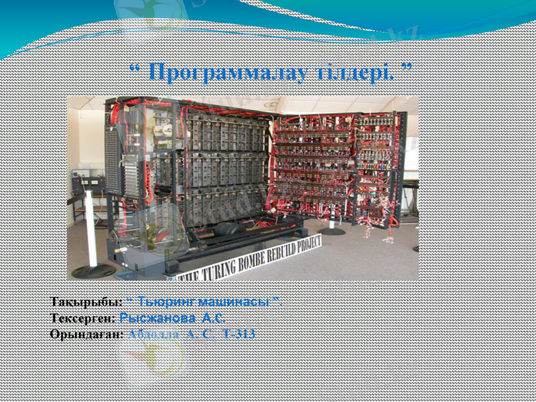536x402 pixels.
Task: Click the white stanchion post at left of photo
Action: [92, 228]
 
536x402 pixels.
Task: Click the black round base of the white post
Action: [94, 271]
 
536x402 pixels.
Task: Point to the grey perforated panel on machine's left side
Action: [113, 161]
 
